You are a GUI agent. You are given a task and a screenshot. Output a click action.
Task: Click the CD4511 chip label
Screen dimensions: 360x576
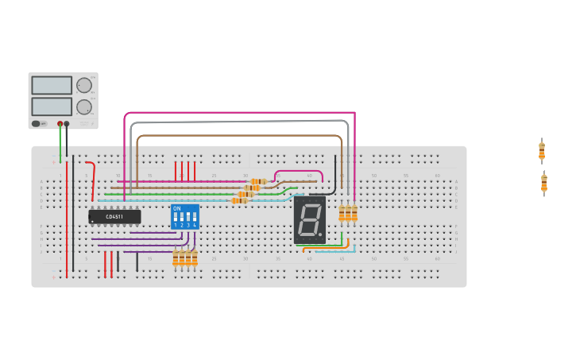[114, 217]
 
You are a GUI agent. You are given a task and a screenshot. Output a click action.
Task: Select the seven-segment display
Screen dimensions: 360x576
[309, 219]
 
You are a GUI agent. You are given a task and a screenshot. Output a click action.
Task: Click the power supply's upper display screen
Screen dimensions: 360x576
[51, 85]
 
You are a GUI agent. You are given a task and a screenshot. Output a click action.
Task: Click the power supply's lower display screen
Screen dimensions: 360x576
[51, 106]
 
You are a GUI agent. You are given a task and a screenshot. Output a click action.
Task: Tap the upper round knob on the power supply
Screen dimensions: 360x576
[83, 85]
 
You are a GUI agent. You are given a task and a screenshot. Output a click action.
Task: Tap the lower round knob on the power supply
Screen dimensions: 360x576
[83, 106]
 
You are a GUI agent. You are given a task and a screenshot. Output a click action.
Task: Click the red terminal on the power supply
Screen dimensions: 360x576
[60, 124]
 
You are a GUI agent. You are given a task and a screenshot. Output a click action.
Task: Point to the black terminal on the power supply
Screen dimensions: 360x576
[67, 124]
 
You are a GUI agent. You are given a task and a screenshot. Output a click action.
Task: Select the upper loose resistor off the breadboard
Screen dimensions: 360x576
[542, 150]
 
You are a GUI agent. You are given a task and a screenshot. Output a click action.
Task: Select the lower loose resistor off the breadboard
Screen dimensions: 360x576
[544, 183]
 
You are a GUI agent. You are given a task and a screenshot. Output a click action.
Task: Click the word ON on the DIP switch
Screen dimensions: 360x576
[176, 209]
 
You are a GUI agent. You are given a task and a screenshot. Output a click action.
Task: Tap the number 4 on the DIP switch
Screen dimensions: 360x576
[195, 226]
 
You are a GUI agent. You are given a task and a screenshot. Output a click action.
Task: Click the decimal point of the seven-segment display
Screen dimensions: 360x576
[320, 235]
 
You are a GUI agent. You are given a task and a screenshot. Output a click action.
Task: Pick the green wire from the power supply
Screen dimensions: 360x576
[60, 143]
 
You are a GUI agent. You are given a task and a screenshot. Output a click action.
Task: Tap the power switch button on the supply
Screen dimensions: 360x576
[37, 123]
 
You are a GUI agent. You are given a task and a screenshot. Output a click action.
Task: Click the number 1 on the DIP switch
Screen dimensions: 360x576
[176, 226]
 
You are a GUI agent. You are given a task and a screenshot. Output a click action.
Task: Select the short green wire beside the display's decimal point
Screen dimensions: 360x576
[342, 239]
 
